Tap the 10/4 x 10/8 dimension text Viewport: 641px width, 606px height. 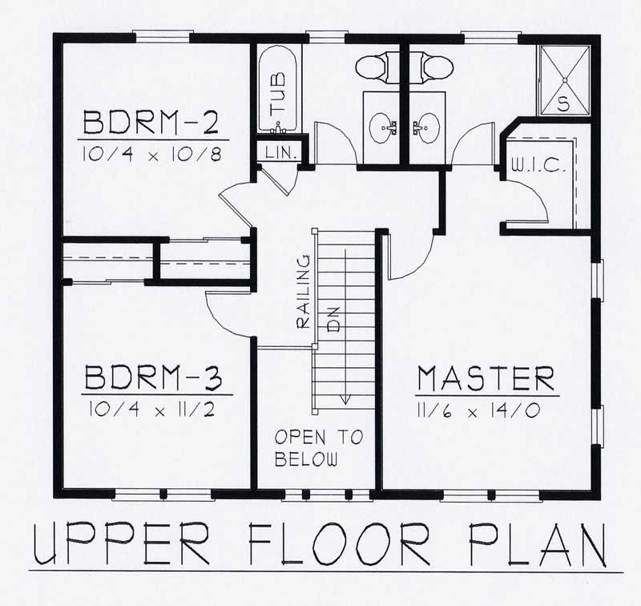tap(151, 152)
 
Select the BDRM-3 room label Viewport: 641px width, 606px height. tap(158, 378)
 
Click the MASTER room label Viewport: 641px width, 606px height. tap(486, 377)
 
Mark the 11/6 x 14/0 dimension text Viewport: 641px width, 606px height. tap(486, 409)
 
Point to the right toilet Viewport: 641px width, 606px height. tap(430, 66)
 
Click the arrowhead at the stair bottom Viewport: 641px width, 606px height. tap(345, 398)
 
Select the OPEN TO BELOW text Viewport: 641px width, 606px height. tap(318, 449)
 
